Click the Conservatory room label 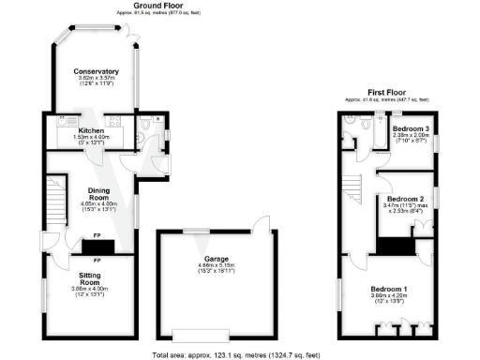(x=97, y=71)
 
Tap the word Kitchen (x=91, y=130)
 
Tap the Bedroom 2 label (x=410, y=199)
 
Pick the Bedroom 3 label (x=411, y=128)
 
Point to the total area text (x=241, y=354)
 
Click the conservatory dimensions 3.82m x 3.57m (x=97, y=79)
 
